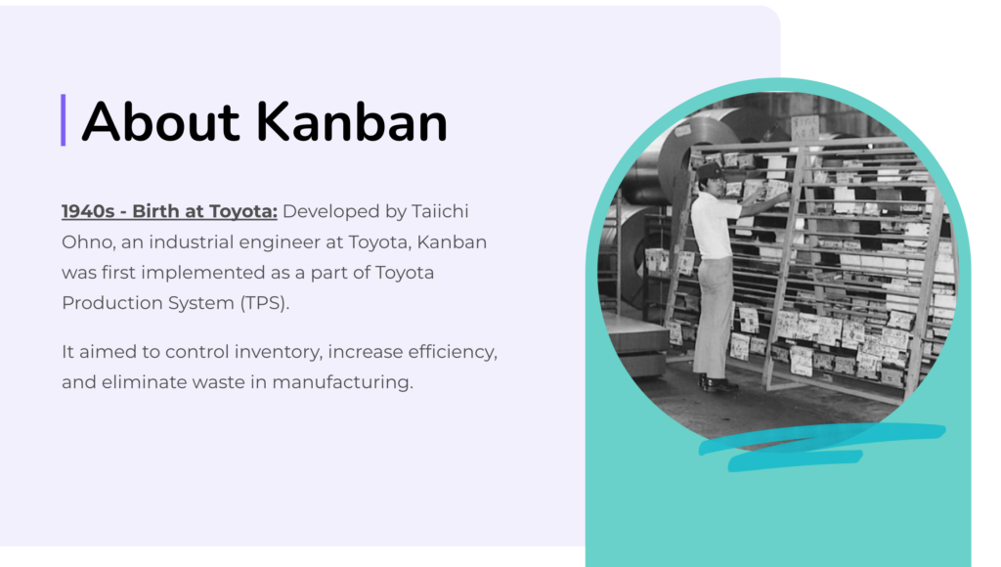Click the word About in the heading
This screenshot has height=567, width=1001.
coord(161,121)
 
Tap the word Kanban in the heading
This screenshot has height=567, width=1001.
coord(352,121)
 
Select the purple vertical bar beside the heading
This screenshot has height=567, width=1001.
coord(64,120)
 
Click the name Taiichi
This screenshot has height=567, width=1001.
coord(440,211)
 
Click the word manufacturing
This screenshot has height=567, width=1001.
coord(342,382)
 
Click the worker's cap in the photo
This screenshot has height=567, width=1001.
coord(710,170)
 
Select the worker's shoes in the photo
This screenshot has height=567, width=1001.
coord(718,384)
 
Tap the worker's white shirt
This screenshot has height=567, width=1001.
coord(715,226)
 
